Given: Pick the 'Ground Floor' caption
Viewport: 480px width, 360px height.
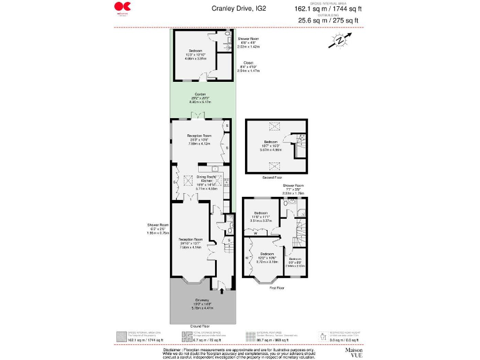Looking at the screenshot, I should [x=200, y=326].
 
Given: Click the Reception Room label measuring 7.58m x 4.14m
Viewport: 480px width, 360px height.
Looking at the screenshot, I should [x=190, y=239].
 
